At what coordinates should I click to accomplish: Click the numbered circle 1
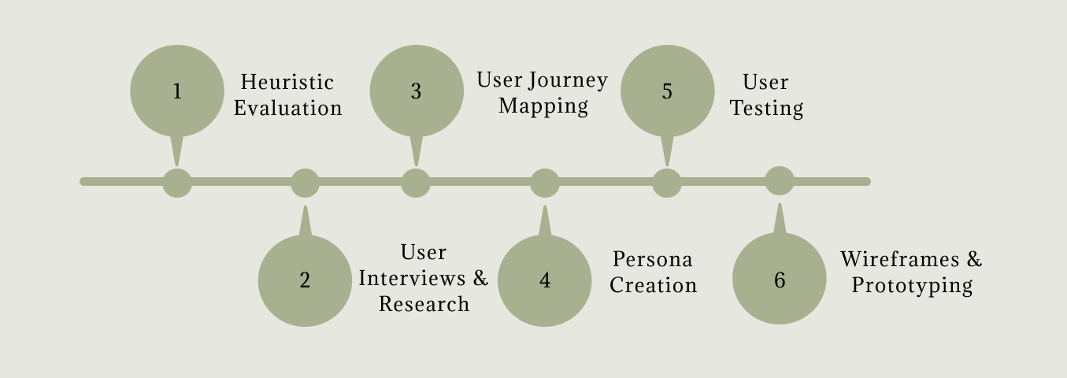click(x=177, y=91)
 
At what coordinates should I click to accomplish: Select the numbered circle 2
click(x=305, y=280)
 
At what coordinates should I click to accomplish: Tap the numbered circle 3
click(x=416, y=91)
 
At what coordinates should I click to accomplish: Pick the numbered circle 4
click(x=545, y=280)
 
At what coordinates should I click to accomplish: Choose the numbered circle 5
click(x=667, y=91)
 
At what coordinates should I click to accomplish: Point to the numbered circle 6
click(x=780, y=280)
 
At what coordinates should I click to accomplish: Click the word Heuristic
click(x=287, y=83)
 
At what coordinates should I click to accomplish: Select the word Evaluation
click(x=288, y=109)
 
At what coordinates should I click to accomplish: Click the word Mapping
click(x=543, y=106)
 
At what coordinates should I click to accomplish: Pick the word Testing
click(x=766, y=109)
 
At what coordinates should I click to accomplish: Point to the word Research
click(x=424, y=304)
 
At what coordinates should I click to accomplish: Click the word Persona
click(x=653, y=259)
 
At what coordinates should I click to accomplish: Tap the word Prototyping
click(x=912, y=285)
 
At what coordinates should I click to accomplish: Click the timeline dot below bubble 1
click(x=177, y=183)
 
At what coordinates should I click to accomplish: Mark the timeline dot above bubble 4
click(x=545, y=183)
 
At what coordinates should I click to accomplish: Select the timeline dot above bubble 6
click(x=780, y=181)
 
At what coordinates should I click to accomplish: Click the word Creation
click(x=653, y=285)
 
